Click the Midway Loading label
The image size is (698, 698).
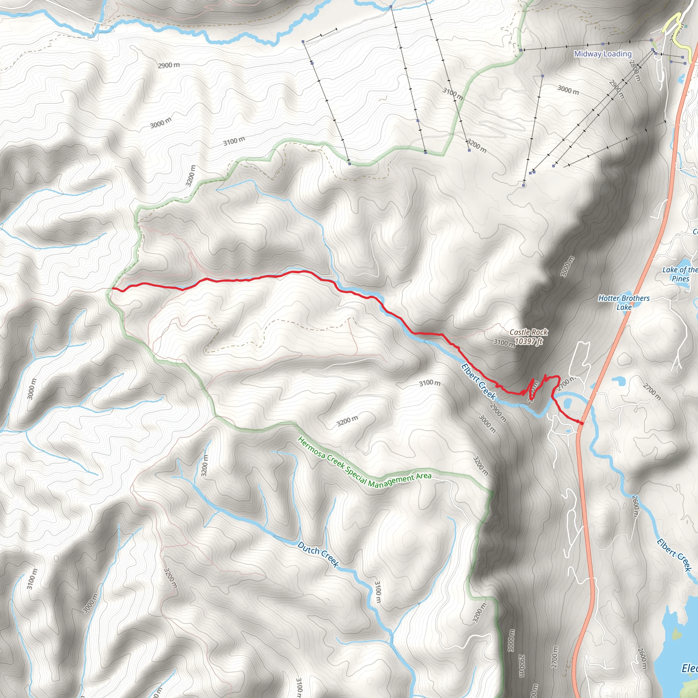pos(603,54)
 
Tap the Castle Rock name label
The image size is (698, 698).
pos(529,332)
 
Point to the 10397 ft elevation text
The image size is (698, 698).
pos(529,341)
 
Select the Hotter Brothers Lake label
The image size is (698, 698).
pos(624,303)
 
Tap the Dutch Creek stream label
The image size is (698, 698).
pos(318,554)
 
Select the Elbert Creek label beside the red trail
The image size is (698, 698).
pos(479,381)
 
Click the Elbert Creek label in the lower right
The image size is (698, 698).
pos(674,555)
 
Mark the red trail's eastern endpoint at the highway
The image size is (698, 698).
pos(582,423)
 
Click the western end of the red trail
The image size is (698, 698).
pos(113,288)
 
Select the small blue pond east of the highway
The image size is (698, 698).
pos(619,380)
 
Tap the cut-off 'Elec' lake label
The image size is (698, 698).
pos(689,668)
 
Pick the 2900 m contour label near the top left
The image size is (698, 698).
pos(169,65)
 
